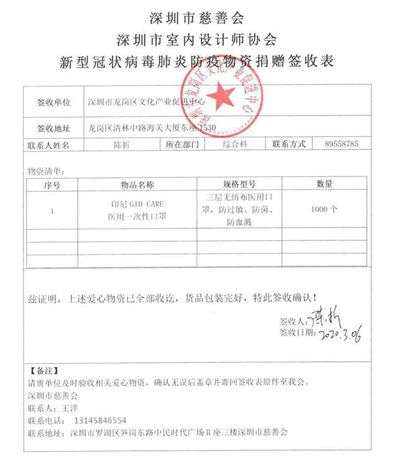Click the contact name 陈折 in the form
[x=121, y=145]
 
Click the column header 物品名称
[x=137, y=183]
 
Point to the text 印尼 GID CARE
[x=137, y=203]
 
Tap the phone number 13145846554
[x=99, y=420]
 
